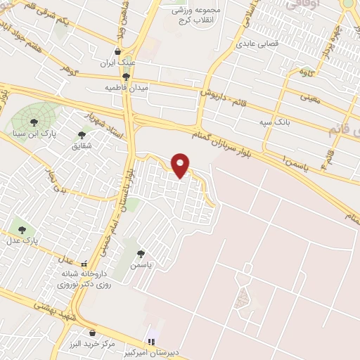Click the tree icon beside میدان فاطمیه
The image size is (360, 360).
pos(126,77)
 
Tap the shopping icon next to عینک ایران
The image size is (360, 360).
pos(117,52)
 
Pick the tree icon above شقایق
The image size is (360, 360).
pos(82,134)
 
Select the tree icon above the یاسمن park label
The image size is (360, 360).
pos(141,254)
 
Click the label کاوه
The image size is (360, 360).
pos(306,72)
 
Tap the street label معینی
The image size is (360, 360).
pos(310,98)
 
